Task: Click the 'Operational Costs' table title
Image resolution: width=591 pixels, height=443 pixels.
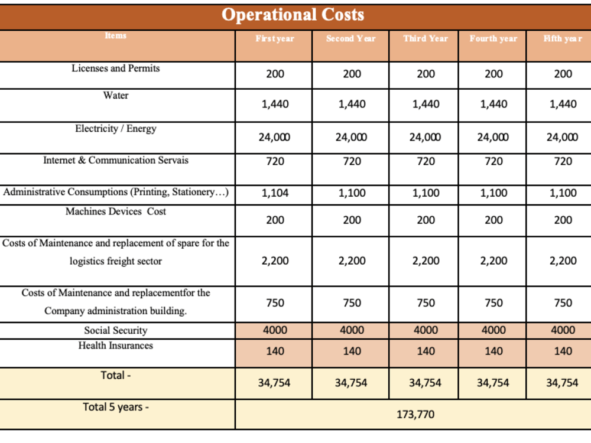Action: click(293, 15)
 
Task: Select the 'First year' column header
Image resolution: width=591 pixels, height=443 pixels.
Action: click(275, 38)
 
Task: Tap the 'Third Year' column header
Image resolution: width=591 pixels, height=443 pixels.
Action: click(426, 38)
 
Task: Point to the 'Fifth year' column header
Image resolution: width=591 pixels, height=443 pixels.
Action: click(563, 38)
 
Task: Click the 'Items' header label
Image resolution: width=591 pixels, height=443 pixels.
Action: click(116, 35)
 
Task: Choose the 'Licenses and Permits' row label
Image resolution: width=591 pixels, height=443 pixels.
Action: click(116, 68)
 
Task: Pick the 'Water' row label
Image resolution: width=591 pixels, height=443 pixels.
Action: click(116, 95)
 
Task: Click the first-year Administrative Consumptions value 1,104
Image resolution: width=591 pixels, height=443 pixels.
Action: click(275, 193)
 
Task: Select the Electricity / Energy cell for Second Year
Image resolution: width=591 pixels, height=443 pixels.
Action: click(351, 137)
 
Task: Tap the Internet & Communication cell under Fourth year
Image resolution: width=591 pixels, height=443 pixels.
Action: click(493, 161)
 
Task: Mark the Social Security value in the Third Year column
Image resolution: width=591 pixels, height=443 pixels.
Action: click(426, 330)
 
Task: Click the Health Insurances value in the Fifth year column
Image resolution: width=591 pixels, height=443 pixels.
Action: click(563, 351)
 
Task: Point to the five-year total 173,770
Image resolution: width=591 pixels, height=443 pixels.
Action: click(415, 415)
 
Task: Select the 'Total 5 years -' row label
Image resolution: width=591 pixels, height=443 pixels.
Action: click(116, 407)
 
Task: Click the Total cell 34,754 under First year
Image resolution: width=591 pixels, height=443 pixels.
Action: click(274, 383)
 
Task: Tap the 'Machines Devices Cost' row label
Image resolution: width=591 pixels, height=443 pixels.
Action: click(116, 211)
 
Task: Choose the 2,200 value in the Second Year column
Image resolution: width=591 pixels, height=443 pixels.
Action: click(352, 260)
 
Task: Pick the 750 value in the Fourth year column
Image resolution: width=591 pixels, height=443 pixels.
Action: click(493, 303)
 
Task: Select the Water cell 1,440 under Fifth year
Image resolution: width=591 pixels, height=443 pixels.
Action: click(563, 104)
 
